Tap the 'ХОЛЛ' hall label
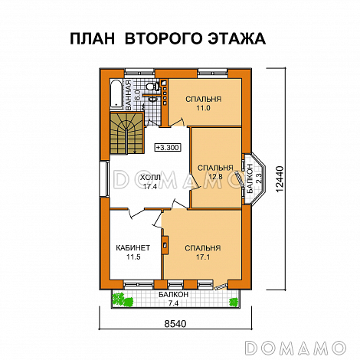pyautogui.click(x=139, y=176)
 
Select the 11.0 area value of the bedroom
pyautogui.click(x=203, y=109)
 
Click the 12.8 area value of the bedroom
pyautogui.click(x=214, y=177)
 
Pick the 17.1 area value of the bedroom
pyautogui.click(x=203, y=257)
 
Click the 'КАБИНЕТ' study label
pyautogui.click(x=132, y=247)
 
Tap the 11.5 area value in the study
pyautogui.click(x=132, y=257)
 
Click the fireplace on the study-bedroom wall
pyautogui.click(x=165, y=244)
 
